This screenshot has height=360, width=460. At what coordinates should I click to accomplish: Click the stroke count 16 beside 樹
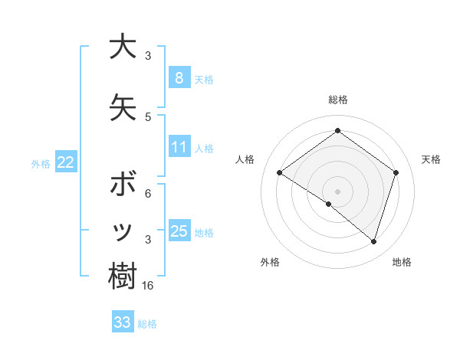tap(149, 286)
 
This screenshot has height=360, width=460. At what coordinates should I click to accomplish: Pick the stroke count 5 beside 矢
tap(148, 116)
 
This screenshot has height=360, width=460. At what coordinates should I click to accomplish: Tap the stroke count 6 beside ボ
tap(148, 194)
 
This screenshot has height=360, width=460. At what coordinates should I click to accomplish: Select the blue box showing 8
tap(179, 78)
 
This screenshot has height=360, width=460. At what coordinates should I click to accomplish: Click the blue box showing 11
tap(179, 147)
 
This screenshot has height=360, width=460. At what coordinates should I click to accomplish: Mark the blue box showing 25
tap(179, 231)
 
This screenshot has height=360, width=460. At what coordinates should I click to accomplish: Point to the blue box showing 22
tap(66, 162)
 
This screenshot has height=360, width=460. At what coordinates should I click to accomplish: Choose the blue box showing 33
tap(122, 322)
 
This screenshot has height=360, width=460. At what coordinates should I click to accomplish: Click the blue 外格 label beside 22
tap(41, 163)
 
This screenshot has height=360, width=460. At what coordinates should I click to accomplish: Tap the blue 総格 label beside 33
tap(147, 324)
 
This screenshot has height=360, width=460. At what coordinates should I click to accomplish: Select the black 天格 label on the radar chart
tap(431, 159)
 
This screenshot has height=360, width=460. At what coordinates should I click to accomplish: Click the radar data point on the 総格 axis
tap(337, 131)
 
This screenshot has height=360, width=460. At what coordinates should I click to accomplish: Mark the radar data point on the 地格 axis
tap(373, 242)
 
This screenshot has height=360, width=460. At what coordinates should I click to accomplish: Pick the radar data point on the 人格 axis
tap(279, 173)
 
